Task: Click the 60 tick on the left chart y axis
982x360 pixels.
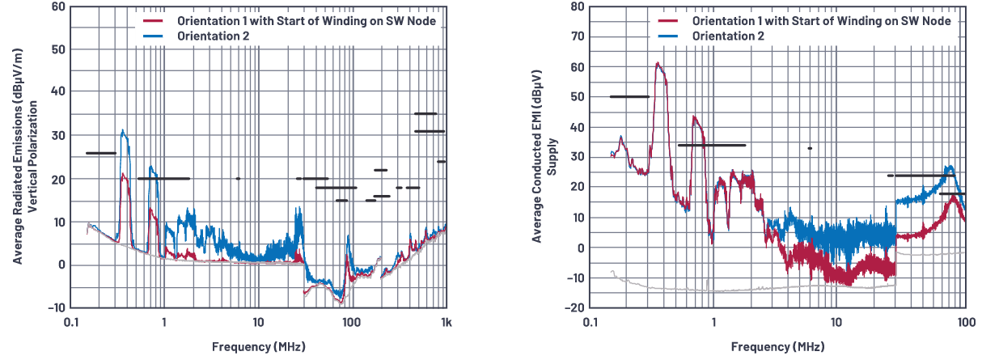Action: click(x=57, y=6)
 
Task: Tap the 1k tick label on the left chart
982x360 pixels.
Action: click(x=446, y=322)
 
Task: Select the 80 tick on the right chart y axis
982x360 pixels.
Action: click(x=578, y=6)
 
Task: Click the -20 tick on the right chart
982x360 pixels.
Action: click(x=575, y=308)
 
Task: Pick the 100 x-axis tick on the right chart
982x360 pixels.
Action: click(x=965, y=322)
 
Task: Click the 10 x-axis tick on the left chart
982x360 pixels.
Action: click(x=258, y=322)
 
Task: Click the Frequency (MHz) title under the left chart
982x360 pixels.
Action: click(x=258, y=347)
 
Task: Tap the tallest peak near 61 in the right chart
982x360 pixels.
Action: click(x=658, y=63)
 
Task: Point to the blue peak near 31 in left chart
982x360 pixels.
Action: click(x=122, y=130)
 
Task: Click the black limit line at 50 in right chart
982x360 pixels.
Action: click(x=629, y=96)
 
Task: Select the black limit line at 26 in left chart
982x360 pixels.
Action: click(x=101, y=153)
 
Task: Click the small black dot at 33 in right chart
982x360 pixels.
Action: click(x=810, y=148)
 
